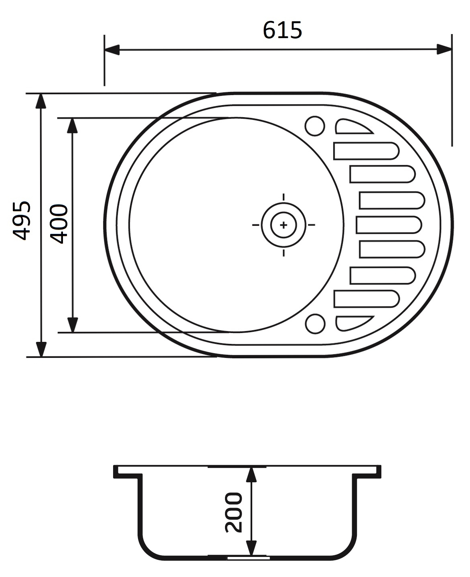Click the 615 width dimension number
click(x=282, y=30)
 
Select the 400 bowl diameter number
click(x=59, y=224)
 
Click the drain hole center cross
click(x=284, y=225)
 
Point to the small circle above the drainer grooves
click(x=314, y=126)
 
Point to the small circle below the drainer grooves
click(x=314, y=324)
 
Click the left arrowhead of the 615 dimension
click(x=112, y=50)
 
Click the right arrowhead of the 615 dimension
click(x=444, y=50)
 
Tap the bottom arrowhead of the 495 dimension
click(x=41, y=349)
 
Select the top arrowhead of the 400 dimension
click(x=72, y=126)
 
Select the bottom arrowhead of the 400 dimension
click(x=72, y=325)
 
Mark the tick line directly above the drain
click(x=284, y=197)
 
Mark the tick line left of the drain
click(x=256, y=225)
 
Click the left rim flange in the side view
click(x=128, y=472)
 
